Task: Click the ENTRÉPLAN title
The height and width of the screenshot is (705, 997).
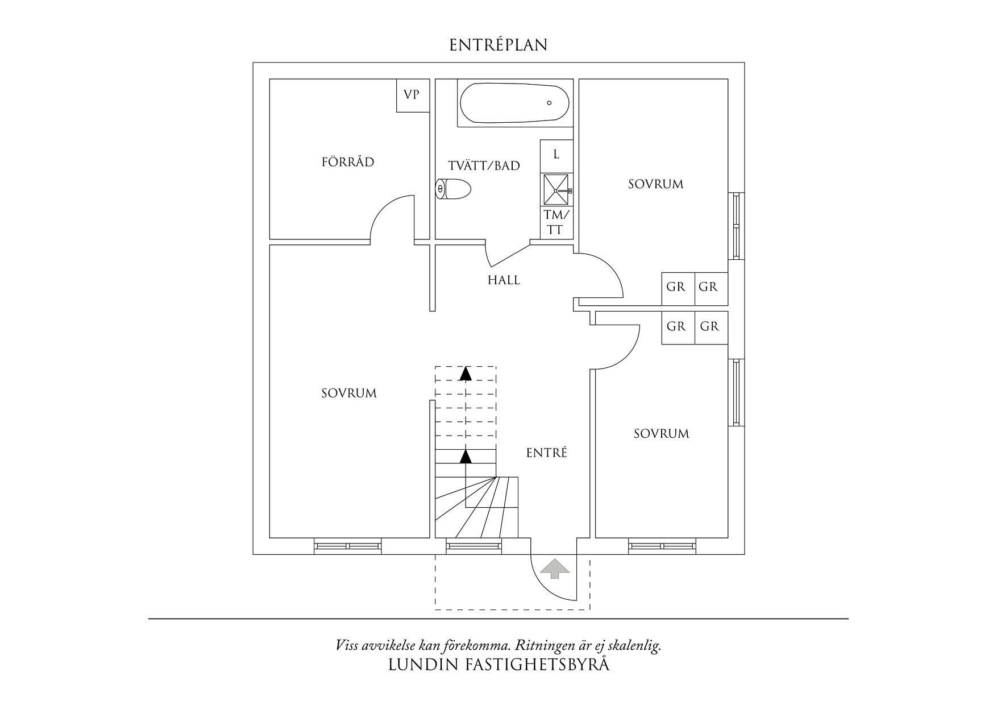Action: pyautogui.click(x=498, y=45)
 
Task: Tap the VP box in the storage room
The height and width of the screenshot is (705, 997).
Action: pyautogui.click(x=412, y=95)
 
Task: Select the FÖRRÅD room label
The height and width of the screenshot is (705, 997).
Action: pyautogui.click(x=348, y=162)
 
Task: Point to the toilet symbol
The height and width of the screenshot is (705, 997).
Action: pyautogui.click(x=453, y=189)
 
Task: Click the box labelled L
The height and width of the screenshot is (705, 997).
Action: pyautogui.click(x=556, y=155)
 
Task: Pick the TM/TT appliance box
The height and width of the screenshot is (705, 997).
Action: pyautogui.click(x=555, y=222)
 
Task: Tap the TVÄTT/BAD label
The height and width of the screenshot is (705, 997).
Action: pyautogui.click(x=484, y=166)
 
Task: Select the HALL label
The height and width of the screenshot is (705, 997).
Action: pyautogui.click(x=504, y=280)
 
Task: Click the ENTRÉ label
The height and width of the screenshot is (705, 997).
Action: pyautogui.click(x=546, y=453)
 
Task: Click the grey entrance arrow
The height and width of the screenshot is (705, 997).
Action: pyautogui.click(x=554, y=568)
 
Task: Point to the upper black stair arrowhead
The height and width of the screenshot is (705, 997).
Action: pyautogui.click(x=466, y=373)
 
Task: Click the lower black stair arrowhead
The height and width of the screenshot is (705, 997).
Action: pyautogui.click(x=466, y=455)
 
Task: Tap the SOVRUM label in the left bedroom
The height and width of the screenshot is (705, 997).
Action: pyautogui.click(x=348, y=393)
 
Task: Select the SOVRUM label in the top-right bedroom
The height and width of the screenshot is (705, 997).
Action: pyautogui.click(x=655, y=184)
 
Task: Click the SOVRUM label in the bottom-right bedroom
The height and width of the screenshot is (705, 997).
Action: pyautogui.click(x=661, y=434)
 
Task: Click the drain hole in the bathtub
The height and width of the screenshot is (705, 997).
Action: pyautogui.click(x=549, y=103)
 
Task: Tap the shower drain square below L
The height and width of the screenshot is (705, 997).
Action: pyautogui.click(x=556, y=190)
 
